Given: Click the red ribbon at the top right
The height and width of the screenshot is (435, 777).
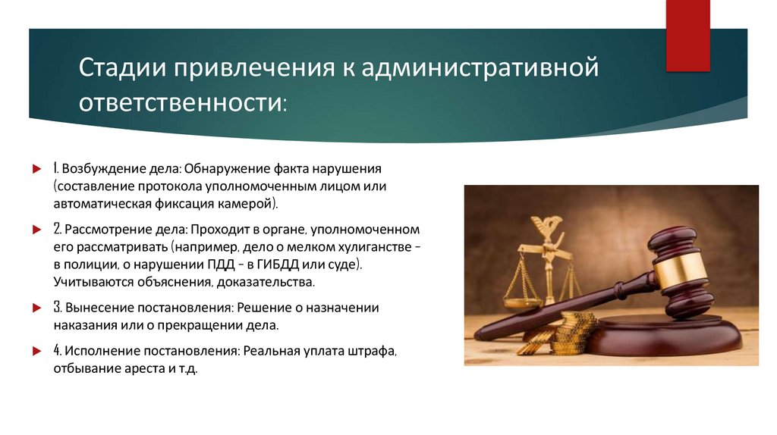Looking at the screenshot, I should [x=687, y=34].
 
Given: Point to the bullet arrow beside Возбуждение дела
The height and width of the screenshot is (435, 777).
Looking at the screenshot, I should [x=36, y=167].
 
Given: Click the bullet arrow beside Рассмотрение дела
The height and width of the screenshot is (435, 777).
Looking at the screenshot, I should [x=36, y=229].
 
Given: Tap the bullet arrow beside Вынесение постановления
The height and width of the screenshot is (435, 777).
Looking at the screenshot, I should [x=36, y=308].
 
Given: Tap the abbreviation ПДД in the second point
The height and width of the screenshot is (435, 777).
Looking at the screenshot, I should [x=225, y=265].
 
